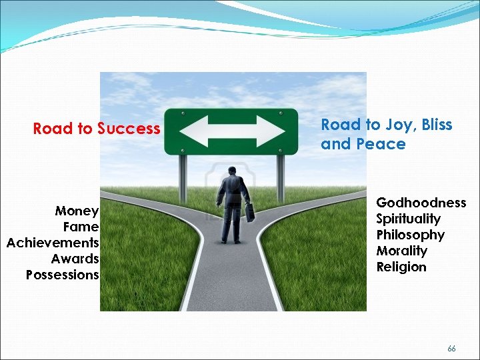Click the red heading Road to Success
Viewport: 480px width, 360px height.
(x=97, y=128)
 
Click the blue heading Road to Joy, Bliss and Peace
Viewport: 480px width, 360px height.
(x=386, y=134)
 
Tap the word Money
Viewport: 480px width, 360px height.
(x=77, y=211)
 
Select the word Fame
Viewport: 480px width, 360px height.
(x=81, y=227)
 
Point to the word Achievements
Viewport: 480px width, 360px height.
(x=53, y=243)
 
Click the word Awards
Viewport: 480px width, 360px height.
(x=75, y=259)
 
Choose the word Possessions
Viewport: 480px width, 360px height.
(x=63, y=275)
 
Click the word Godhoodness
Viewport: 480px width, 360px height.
(x=421, y=203)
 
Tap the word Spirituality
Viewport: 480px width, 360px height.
(x=408, y=219)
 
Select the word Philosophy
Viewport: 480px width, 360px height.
(x=410, y=235)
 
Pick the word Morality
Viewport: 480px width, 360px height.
(x=401, y=251)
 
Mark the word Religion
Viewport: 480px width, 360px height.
(x=401, y=267)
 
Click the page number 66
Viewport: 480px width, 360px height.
(x=451, y=349)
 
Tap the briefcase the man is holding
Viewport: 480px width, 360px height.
(x=249, y=212)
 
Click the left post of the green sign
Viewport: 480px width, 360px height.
(x=181, y=177)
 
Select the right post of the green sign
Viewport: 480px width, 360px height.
(x=281, y=177)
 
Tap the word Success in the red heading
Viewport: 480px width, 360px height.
(x=129, y=128)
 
